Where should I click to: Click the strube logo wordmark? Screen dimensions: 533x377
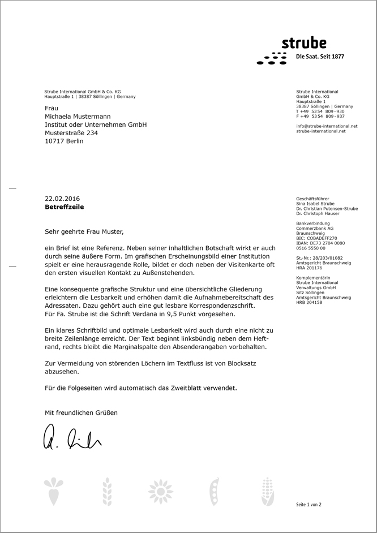click(x=304, y=44)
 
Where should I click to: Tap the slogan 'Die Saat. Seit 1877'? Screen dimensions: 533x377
click(x=320, y=57)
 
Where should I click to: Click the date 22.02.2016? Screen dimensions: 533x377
click(x=62, y=199)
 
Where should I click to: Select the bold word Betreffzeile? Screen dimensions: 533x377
click(x=64, y=207)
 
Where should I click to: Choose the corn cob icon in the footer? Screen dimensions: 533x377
click(x=267, y=491)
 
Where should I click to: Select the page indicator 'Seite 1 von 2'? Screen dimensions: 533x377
click(x=309, y=504)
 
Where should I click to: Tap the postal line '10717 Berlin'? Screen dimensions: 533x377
click(x=64, y=141)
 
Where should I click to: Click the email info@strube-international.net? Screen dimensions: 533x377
click(x=327, y=126)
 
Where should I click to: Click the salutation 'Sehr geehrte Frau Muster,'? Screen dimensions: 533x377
click(x=84, y=231)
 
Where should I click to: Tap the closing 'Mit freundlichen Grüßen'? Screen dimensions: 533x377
click(x=82, y=413)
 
